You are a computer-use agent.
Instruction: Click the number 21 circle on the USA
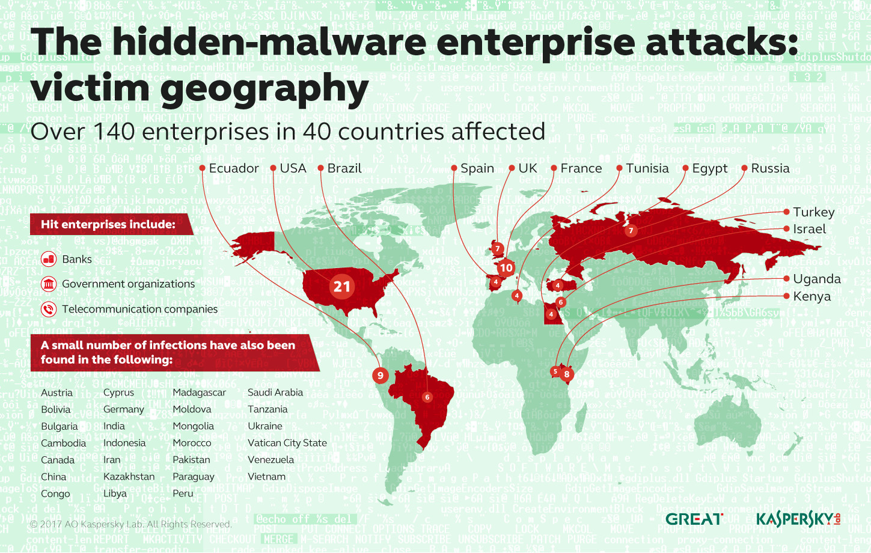pyautogui.click(x=342, y=287)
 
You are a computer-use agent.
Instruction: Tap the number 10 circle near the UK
pyautogui.click(x=506, y=268)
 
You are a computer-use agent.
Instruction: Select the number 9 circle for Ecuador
pyautogui.click(x=380, y=376)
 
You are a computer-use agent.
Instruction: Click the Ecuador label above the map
pyautogui.click(x=233, y=168)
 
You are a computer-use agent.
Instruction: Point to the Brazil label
pyautogui.click(x=344, y=168)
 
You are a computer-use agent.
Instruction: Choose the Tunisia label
pyautogui.click(x=647, y=168)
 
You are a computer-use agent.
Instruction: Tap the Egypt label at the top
pyautogui.click(x=709, y=168)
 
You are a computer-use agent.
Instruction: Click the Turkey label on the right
pyautogui.click(x=813, y=212)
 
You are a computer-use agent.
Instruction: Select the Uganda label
pyautogui.click(x=816, y=279)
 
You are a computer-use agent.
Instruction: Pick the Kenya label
pyautogui.click(x=811, y=296)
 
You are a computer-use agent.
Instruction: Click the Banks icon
pyautogui.click(x=49, y=259)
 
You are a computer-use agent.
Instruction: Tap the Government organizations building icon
pyautogui.click(x=49, y=284)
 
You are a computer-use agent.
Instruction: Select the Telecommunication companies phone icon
pyautogui.click(x=49, y=309)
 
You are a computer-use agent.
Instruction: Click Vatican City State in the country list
pyautogui.click(x=287, y=443)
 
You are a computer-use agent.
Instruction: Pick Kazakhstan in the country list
pyautogui.click(x=129, y=477)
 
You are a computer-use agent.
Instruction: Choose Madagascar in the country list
pyautogui.click(x=199, y=393)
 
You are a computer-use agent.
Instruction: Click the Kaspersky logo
pyautogui.click(x=798, y=519)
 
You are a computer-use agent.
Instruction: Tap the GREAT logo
pyautogui.click(x=694, y=519)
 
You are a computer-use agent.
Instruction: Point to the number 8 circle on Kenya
pyautogui.click(x=566, y=374)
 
